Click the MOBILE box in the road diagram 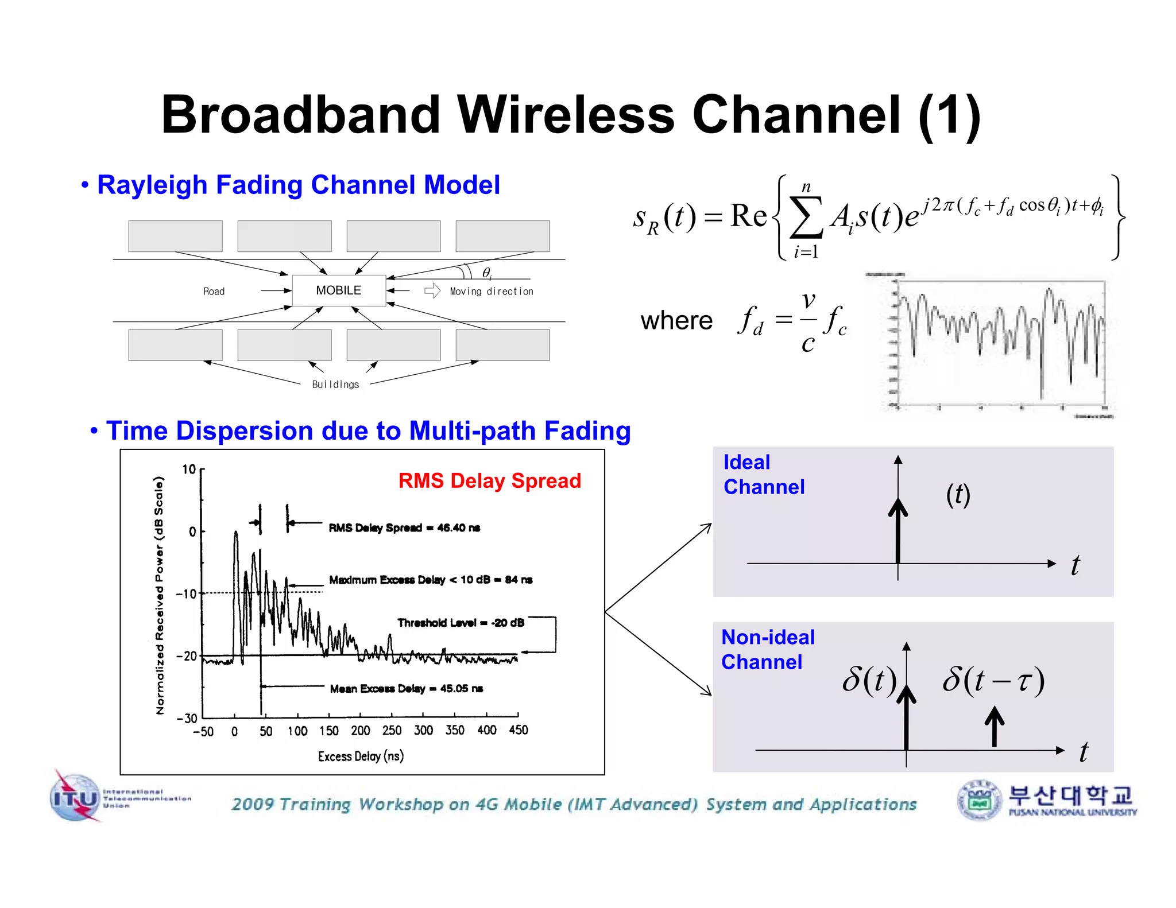click(338, 290)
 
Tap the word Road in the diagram click(214, 292)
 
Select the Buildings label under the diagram click(335, 385)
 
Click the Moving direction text click(492, 292)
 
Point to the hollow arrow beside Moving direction click(432, 291)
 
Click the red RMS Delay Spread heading click(489, 480)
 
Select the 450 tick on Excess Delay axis click(519, 730)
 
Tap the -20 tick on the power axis click(187, 656)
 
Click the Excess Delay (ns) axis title click(361, 756)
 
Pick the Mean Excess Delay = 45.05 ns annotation click(406, 689)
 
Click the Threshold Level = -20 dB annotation click(461, 623)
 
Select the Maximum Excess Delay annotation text click(431, 580)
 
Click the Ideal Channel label click(763, 475)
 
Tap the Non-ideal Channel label click(768, 649)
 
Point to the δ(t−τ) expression click(993, 681)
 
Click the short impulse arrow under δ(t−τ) click(995, 726)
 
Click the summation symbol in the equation click(806, 218)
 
